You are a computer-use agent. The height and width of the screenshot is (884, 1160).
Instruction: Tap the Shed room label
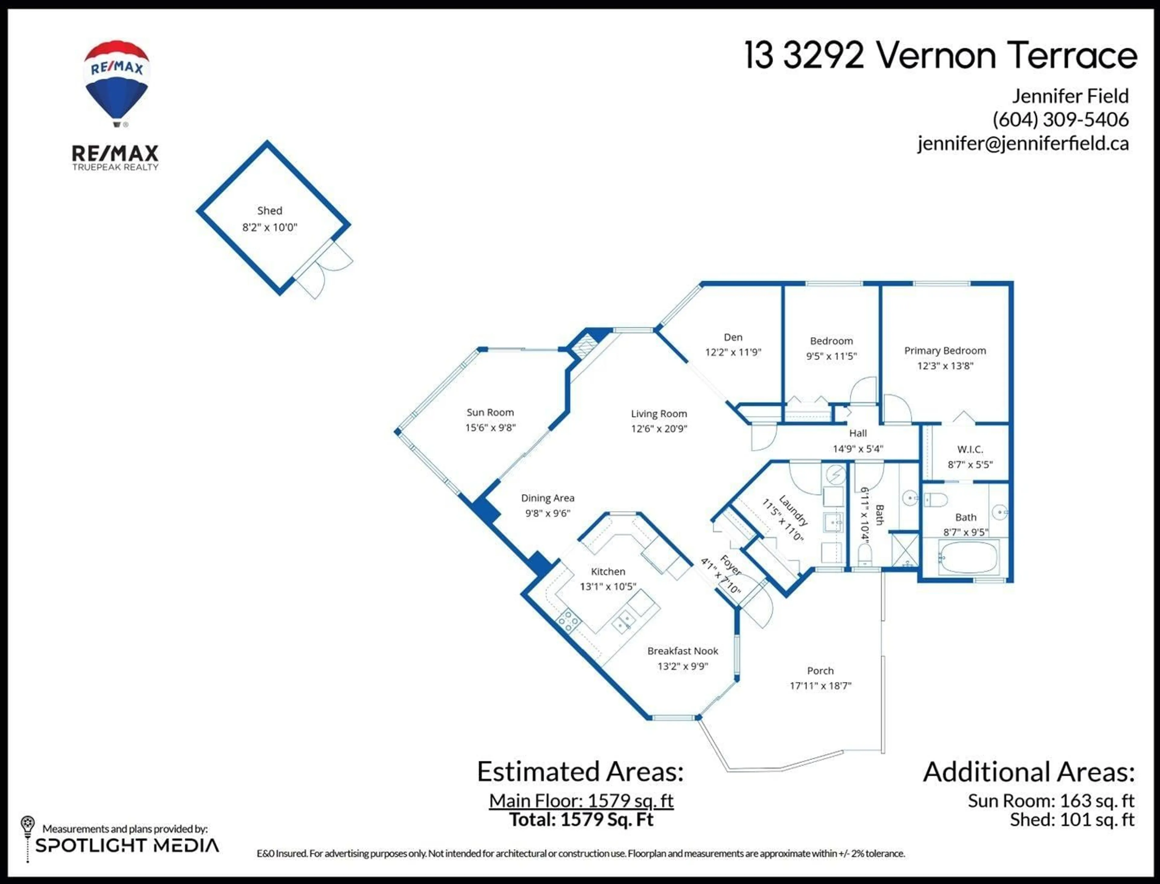[269, 211]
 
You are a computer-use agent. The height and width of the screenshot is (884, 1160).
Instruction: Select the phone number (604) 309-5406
[1060, 119]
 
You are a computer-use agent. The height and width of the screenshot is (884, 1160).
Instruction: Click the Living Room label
[659, 414]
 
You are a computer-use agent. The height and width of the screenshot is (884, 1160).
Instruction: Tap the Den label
[733, 337]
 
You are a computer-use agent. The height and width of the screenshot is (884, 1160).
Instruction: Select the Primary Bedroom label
[945, 350]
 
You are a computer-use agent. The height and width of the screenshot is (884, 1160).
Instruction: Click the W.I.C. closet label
[970, 449]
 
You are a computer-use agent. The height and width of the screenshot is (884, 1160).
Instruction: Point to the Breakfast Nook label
[682, 651]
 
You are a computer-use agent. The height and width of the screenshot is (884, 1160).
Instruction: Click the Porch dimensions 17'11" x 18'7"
[820, 686]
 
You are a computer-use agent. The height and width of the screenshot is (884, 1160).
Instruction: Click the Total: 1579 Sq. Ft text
[581, 819]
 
